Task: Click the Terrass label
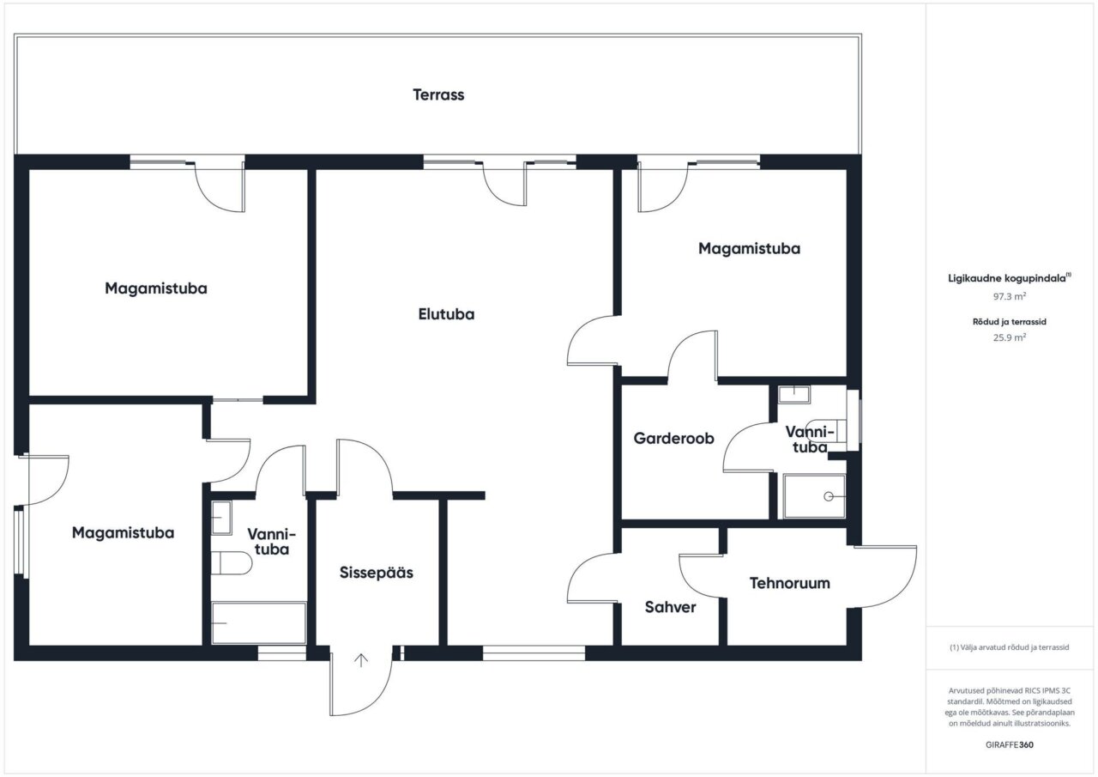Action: pyautogui.click(x=438, y=94)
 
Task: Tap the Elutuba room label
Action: pyautogui.click(x=446, y=314)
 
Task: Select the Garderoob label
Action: pyautogui.click(x=673, y=438)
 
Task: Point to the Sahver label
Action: pyautogui.click(x=670, y=607)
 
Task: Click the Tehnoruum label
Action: pyautogui.click(x=790, y=583)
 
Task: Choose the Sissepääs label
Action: pyautogui.click(x=377, y=573)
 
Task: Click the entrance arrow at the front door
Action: pyautogui.click(x=361, y=660)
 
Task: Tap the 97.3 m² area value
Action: pyautogui.click(x=1010, y=296)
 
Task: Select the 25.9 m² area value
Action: pyautogui.click(x=1010, y=337)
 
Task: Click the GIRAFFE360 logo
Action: pyautogui.click(x=1010, y=744)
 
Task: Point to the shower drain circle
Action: pyautogui.click(x=829, y=496)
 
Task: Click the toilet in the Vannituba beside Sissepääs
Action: pyautogui.click(x=232, y=562)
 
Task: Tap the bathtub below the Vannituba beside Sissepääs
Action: pyautogui.click(x=259, y=622)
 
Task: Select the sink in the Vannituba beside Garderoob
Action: pyautogui.click(x=794, y=394)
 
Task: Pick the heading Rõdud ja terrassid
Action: pyautogui.click(x=1010, y=322)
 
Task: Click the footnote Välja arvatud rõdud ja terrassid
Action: pyautogui.click(x=1010, y=647)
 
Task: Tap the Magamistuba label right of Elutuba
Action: pyautogui.click(x=749, y=248)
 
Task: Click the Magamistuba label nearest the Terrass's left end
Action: pyautogui.click(x=156, y=288)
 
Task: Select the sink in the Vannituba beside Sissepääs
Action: pyautogui.click(x=221, y=518)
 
